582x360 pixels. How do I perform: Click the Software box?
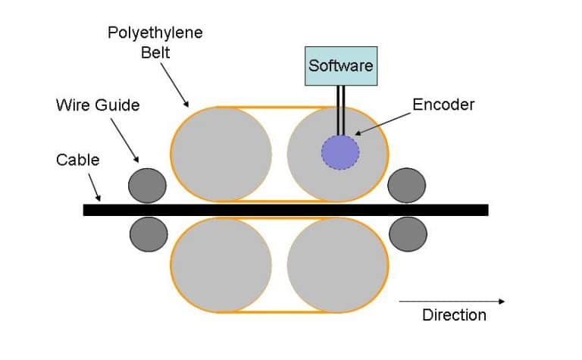339,65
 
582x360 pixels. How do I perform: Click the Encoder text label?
443,105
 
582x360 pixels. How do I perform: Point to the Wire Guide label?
98,105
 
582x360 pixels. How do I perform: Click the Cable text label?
78,160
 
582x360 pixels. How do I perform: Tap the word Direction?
454,315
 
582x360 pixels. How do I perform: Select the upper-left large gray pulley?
221,154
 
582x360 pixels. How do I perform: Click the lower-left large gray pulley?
221,266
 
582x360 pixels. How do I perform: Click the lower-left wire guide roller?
147,234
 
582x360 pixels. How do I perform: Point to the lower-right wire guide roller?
407,234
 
